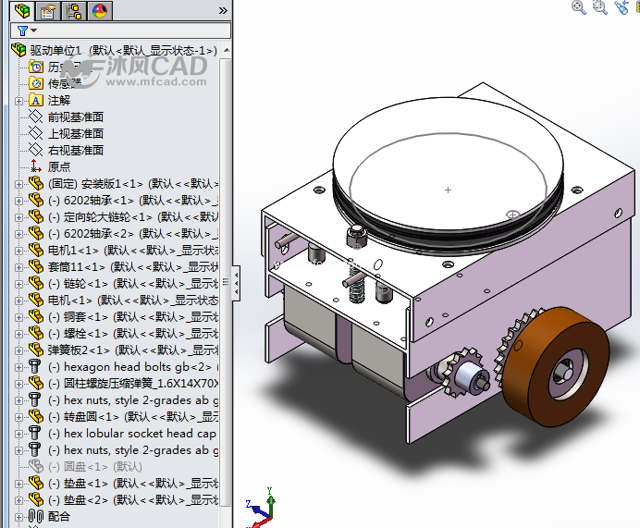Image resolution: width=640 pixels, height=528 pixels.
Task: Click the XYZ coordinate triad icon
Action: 260,508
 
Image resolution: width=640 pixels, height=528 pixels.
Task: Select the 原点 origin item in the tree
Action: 58,166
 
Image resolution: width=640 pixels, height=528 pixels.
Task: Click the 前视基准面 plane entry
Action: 75,117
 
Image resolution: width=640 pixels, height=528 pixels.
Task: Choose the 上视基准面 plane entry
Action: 75,133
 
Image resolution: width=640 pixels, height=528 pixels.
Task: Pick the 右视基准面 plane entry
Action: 75,150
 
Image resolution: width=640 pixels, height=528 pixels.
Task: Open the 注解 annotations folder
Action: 58,100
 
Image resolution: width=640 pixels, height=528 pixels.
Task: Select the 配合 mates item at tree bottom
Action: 58,516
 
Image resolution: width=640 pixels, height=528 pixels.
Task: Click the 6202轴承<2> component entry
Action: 120,233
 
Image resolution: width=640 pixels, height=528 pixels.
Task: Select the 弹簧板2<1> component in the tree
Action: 120,350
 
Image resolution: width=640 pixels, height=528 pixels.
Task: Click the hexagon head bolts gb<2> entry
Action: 129,366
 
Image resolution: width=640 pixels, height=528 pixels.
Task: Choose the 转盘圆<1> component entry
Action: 120,416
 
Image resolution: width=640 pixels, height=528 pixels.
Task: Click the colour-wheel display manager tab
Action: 99,11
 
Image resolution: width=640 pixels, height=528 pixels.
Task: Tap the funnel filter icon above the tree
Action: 20,31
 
